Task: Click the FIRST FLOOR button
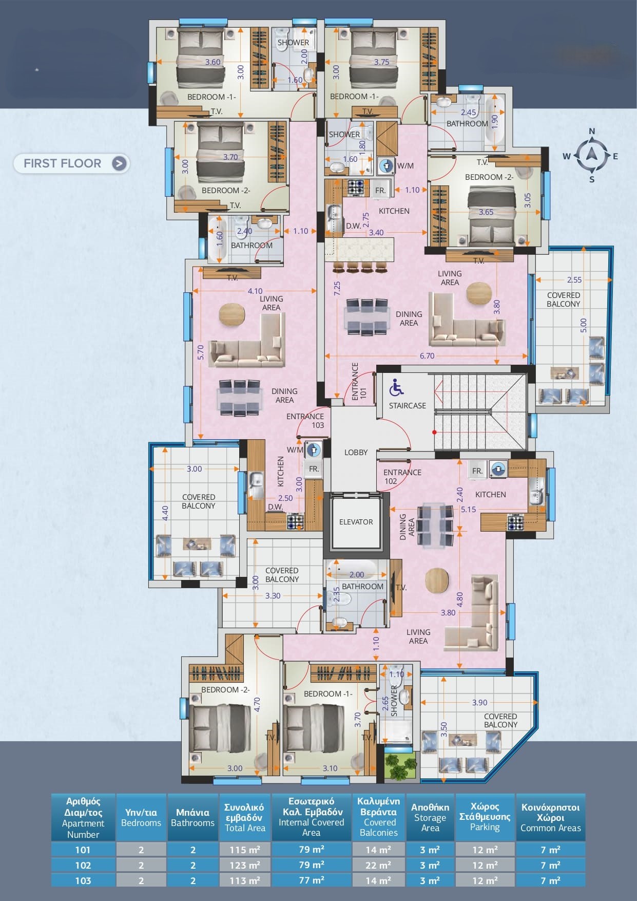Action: point(71,163)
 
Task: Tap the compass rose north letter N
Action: point(592,132)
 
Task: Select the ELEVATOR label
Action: point(356,522)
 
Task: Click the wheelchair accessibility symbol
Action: point(396,388)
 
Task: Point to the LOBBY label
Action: point(356,453)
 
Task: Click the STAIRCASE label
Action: point(408,406)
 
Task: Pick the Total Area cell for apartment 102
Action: point(245,865)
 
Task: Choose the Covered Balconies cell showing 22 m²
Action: point(378,865)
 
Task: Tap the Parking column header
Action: point(485,817)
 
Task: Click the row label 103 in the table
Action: point(83,880)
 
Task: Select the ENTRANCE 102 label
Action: point(402,477)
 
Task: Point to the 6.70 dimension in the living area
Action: point(427,355)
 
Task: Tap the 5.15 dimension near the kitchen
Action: point(468,510)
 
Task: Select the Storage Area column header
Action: point(430,817)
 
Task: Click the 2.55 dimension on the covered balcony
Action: point(574,280)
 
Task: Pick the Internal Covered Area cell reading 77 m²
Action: point(311,880)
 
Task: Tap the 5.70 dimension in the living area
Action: point(201,352)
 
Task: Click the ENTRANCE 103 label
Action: point(306,421)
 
